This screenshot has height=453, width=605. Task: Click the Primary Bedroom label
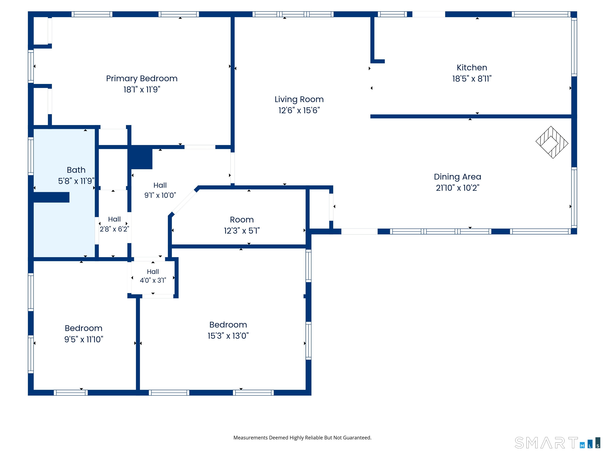[x=142, y=78]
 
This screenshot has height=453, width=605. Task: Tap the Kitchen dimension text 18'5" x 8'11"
[x=472, y=79]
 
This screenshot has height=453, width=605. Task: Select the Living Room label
[x=299, y=99]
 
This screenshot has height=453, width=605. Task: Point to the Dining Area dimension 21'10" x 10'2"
[x=457, y=188]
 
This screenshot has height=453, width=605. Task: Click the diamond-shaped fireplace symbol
[x=552, y=142]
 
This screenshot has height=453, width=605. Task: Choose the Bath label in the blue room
[x=76, y=170]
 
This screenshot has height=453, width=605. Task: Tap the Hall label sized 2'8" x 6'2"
[x=114, y=219]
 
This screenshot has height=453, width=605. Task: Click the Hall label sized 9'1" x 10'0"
[x=160, y=185]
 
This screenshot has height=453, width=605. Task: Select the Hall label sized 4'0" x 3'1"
[x=153, y=272]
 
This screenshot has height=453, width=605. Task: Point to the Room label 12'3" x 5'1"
[x=242, y=220]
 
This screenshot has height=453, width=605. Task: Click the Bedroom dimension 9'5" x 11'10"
[x=84, y=339]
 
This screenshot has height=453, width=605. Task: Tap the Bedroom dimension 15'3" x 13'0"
[x=228, y=336]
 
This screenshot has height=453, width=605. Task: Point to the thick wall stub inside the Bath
[x=51, y=197]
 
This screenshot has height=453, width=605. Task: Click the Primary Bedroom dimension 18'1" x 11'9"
[x=142, y=90]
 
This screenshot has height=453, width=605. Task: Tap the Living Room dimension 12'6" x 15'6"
[x=299, y=110]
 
